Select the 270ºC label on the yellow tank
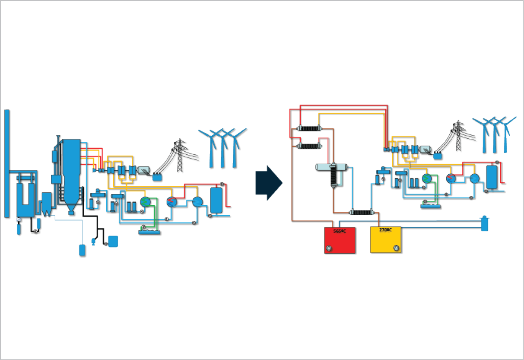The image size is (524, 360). [385, 230]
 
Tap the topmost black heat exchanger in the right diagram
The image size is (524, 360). [308, 128]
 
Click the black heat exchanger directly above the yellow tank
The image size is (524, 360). [363, 213]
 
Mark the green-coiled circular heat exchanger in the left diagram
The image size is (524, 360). [145, 201]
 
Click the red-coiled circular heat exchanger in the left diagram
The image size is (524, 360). [171, 201]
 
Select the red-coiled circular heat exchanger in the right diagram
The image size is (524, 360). [452, 178]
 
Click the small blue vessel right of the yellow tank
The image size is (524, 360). [485, 223]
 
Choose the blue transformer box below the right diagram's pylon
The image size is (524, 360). [438, 156]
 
